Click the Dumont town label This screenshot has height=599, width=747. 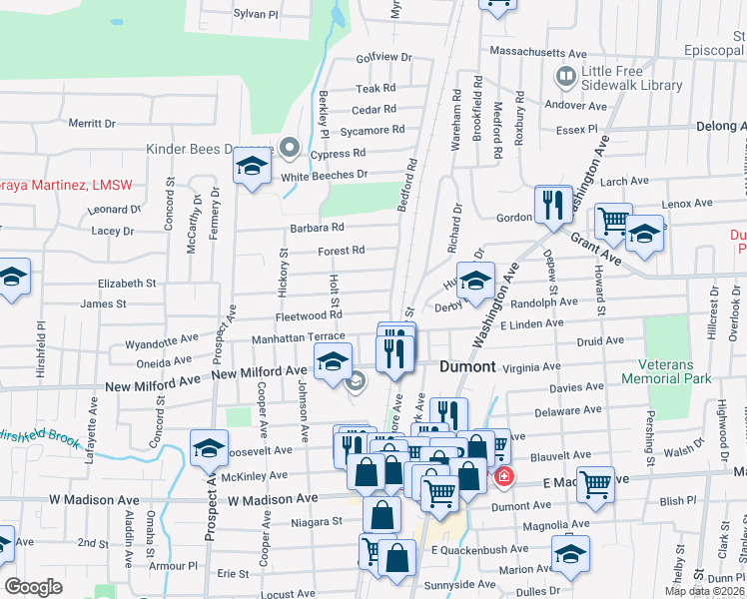point(467,367)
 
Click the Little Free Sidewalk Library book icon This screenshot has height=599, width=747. point(566,76)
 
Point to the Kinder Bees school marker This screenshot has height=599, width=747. point(253,167)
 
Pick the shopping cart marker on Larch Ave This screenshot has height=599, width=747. point(612,222)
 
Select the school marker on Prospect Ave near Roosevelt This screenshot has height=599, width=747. point(209,450)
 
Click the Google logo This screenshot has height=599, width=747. point(33,586)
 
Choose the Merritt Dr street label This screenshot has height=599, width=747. point(92,124)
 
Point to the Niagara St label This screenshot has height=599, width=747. point(317,520)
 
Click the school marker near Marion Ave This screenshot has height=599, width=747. point(569,554)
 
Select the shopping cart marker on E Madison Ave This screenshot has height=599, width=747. point(595,485)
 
